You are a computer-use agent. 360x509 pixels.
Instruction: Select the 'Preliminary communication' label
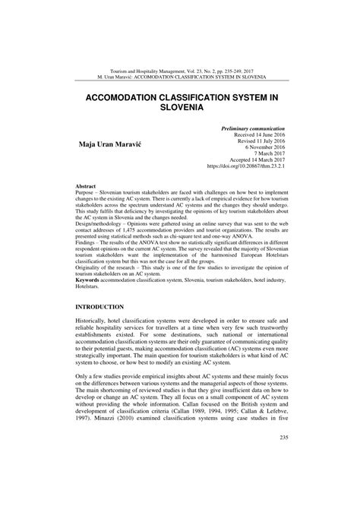(252, 130)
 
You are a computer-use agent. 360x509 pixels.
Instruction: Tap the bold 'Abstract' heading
(86, 186)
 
